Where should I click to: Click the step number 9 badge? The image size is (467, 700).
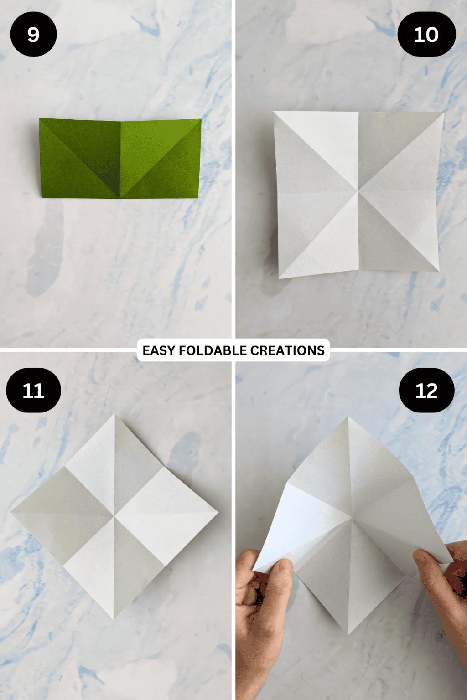[33, 35]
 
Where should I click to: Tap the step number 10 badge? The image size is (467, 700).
[426, 35]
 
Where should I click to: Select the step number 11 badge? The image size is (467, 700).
[33, 391]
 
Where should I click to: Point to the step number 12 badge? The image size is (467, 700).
[426, 391]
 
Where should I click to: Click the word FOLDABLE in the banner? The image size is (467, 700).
[213, 350]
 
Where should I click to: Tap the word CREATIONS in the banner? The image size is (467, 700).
[287, 350]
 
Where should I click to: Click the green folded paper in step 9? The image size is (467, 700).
[120, 159]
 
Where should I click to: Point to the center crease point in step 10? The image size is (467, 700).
[358, 192]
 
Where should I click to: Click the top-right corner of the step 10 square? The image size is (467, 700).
[443, 113]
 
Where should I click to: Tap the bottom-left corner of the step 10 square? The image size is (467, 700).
[279, 278]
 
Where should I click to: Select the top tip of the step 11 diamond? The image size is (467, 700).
[115, 415]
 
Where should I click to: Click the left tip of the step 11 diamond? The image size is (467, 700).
[11, 511]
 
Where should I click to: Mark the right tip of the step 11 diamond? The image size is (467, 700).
[218, 512]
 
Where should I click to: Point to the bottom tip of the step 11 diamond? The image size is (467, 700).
[114, 618]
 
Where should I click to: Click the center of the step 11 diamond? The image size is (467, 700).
[114, 516]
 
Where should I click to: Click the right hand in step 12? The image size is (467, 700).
[445, 592]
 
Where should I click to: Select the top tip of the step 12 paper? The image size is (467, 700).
[348, 417]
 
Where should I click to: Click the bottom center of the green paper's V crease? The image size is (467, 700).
[120, 197]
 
